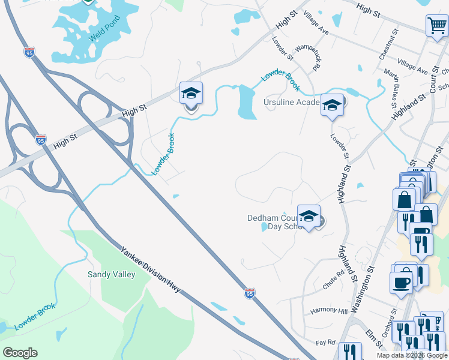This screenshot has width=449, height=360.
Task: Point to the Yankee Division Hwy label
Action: tap(150, 271)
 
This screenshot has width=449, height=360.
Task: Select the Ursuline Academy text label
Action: tap(292, 103)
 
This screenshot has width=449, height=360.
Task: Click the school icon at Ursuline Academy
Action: tap(332, 105)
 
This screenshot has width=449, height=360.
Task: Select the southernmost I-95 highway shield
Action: tap(250, 293)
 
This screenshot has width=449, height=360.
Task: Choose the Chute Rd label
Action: tap(333, 279)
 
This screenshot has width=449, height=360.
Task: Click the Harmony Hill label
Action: tap(329, 311)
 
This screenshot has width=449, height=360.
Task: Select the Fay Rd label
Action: tap(327, 342)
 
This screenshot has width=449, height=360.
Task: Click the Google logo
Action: tap(20, 352)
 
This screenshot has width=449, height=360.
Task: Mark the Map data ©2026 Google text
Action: tap(411, 355)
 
